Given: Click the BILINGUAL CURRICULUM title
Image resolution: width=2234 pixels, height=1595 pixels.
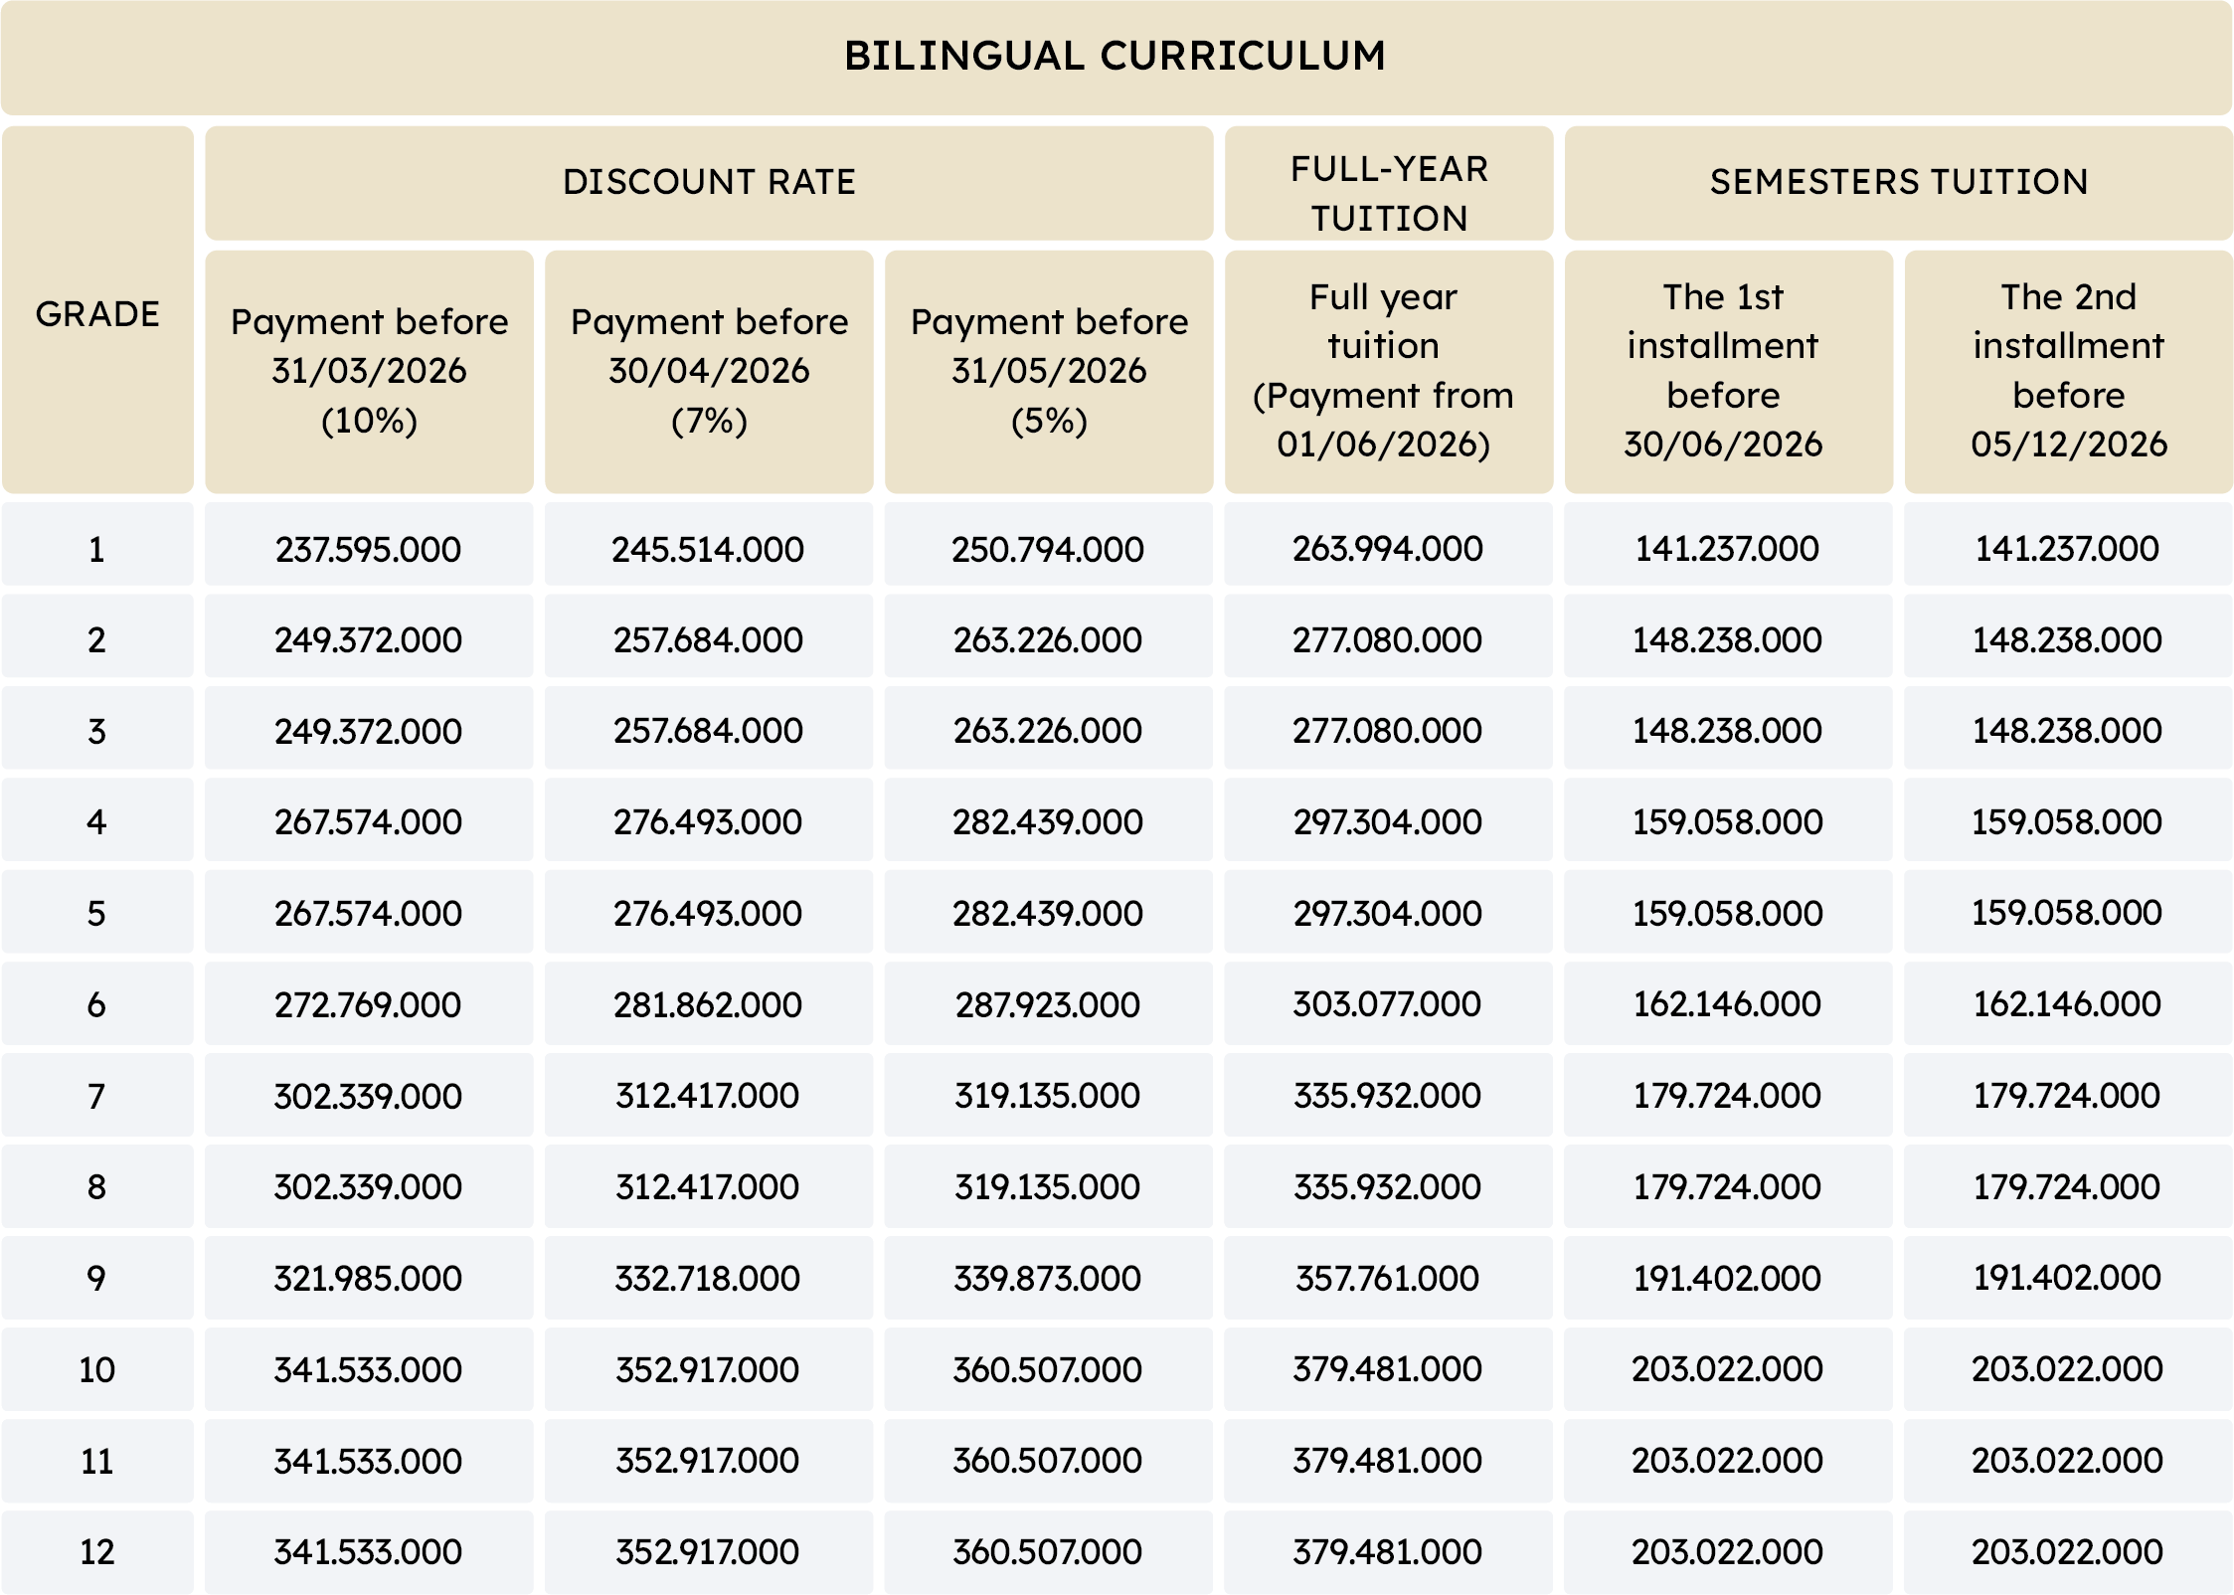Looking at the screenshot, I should coord(1115,56).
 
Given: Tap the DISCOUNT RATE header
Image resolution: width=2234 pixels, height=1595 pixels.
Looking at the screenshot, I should coord(709,182).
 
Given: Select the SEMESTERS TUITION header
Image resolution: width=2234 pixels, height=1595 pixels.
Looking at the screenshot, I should coord(1898,182).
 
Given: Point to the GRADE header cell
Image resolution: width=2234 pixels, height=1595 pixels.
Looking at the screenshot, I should coord(97,314).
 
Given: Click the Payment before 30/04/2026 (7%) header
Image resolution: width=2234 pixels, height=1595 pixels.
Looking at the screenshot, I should coord(709,371).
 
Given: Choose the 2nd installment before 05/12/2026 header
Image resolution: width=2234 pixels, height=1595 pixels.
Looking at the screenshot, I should coord(2068,370).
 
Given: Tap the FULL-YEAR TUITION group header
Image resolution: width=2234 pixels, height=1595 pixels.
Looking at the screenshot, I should coord(1389,193).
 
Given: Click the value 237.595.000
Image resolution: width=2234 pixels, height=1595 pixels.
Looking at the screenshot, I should coord(368,549).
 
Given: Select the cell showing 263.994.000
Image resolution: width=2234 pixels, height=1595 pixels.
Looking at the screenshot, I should coord(1388,548).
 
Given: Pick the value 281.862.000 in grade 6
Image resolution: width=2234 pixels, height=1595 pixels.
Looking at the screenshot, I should coord(708,1004).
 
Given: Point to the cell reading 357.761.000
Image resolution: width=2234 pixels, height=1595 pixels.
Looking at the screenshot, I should coord(1388,1278).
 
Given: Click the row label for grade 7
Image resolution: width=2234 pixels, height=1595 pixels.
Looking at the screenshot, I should coord(96,1096).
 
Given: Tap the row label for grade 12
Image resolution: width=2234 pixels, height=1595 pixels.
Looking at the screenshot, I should coord(96,1551).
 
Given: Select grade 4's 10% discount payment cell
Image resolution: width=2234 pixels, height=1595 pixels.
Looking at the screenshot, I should coord(368,822).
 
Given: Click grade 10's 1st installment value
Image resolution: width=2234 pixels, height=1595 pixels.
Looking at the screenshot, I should coord(1727,1369).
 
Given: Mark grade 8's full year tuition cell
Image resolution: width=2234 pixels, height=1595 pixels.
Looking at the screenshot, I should coord(1388,1186).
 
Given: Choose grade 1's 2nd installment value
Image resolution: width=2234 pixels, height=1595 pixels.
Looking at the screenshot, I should coord(2067,548).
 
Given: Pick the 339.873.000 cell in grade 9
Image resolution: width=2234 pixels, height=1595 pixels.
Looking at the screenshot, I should coord(1048,1278).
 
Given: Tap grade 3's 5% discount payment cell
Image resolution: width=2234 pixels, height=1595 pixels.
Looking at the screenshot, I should coord(1048,731).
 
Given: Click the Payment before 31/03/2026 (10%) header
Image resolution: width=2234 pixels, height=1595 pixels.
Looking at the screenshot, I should coord(369,371).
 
